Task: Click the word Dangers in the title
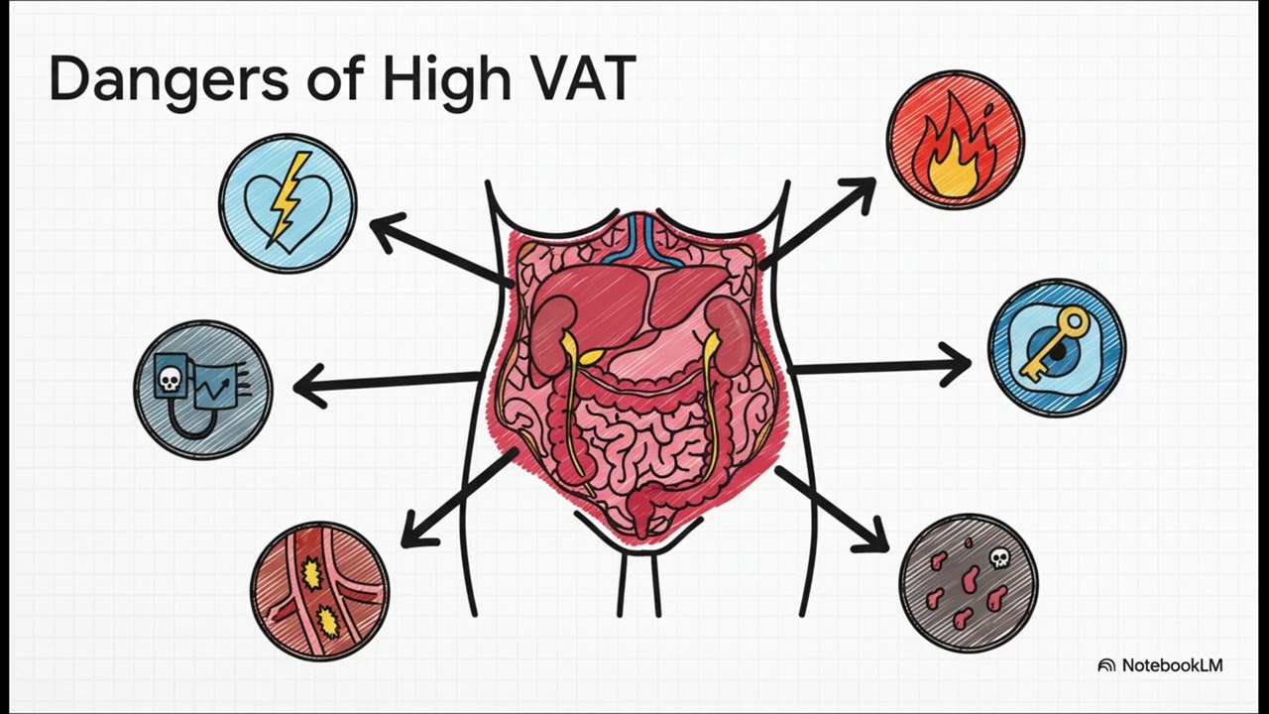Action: [169, 80]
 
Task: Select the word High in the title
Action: [446, 80]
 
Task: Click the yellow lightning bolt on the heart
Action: [288, 195]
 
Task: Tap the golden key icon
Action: [1054, 342]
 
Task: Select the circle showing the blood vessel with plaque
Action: [319, 592]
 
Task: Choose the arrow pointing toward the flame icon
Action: [818, 223]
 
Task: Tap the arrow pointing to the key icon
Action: [881, 367]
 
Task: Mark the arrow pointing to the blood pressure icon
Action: [387, 383]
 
